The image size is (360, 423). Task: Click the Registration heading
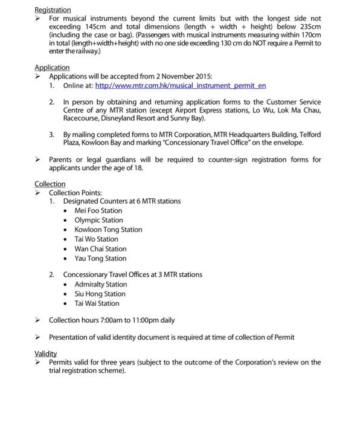click(x=53, y=10)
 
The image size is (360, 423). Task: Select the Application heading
click(x=52, y=68)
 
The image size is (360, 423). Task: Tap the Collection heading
click(x=50, y=184)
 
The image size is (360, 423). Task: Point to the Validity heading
click(x=46, y=353)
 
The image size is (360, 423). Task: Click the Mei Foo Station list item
click(x=98, y=211)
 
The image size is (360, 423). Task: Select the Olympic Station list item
click(x=98, y=221)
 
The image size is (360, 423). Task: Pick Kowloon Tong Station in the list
click(x=108, y=230)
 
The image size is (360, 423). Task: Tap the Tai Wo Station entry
click(x=96, y=239)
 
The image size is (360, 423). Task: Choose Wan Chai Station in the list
click(x=100, y=249)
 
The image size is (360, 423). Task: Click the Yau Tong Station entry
click(x=100, y=259)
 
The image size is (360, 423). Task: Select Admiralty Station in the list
click(x=101, y=285)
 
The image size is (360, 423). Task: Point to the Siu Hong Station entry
click(x=100, y=294)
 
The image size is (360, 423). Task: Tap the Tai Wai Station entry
click(x=97, y=303)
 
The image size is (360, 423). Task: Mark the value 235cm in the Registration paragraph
click(x=310, y=27)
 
